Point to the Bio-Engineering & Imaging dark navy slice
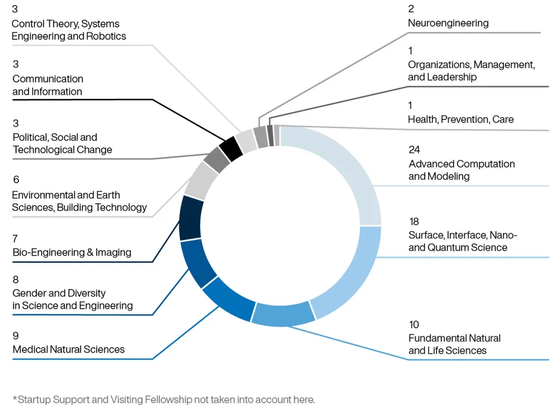(190, 218)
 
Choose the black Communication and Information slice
(231, 149)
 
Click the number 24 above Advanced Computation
(414, 150)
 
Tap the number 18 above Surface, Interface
(414, 222)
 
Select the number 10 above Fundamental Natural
(414, 325)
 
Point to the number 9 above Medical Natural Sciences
(16, 336)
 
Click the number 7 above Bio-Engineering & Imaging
(15, 239)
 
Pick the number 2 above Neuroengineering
(411, 9)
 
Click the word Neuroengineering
(448, 23)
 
